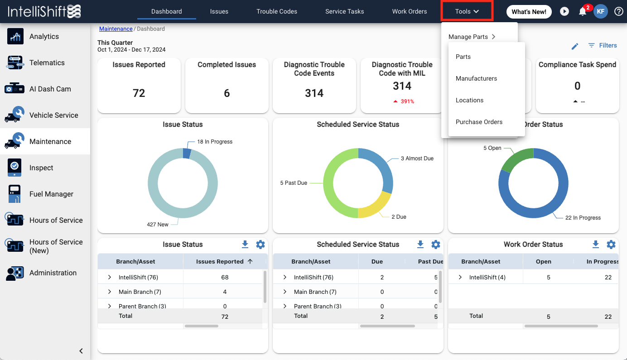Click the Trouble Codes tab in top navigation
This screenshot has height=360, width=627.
(277, 11)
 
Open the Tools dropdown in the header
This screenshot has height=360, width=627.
(467, 11)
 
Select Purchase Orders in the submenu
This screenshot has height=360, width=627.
(479, 122)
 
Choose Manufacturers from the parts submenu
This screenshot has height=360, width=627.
(476, 78)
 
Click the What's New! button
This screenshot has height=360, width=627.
(529, 12)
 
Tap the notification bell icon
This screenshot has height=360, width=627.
(583, 12)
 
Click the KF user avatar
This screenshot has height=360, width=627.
(601, 12)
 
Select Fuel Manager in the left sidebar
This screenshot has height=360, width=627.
(51, 194)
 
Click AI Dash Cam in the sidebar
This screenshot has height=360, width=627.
(50, 89)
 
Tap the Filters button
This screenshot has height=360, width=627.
(603, 45)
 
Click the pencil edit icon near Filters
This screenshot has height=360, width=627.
(575, 46)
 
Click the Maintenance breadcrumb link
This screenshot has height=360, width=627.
(116, 29)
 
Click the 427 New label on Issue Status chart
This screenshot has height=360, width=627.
(158, 224)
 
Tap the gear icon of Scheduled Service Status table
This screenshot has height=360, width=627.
(436, 245)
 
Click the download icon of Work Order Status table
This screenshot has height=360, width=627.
(596, 245)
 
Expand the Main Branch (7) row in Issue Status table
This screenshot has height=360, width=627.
(110, 292)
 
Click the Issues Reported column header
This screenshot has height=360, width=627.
(220, 261)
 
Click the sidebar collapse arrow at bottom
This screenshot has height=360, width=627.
(81, 350)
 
